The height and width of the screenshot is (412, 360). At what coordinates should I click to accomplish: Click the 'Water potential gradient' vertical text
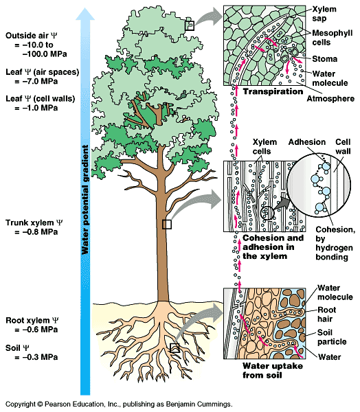86,199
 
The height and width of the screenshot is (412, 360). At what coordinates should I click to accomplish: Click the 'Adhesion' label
307,141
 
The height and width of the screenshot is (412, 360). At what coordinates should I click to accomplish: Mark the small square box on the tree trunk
166,224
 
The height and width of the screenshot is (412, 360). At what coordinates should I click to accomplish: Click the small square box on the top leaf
190,25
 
